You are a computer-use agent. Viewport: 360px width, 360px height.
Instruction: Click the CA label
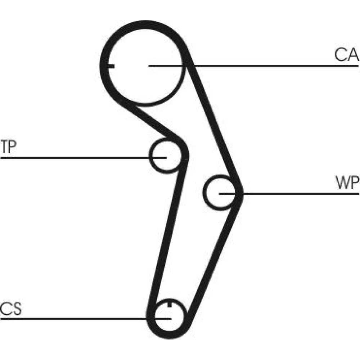pos(346,55)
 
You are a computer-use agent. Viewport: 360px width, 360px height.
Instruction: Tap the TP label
pos(9,148)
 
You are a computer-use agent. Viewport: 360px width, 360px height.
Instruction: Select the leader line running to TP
pos(72,158)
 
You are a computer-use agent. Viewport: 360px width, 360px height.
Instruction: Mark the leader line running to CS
pos(72,319)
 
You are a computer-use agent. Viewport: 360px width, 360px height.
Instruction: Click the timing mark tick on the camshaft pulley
pos(111,66)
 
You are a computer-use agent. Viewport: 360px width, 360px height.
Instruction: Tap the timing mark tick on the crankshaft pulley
pos(169,305)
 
